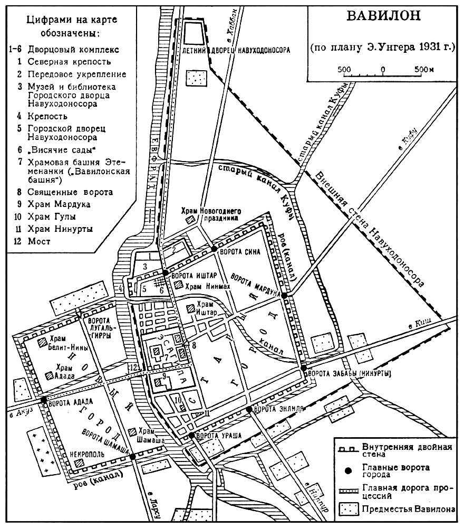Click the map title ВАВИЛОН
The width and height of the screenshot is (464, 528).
[383, 16]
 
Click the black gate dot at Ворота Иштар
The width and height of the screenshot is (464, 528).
[166, 273]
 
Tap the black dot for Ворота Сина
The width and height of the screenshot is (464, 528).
[214, 249]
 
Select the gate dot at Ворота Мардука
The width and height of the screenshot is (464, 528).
[284, 296]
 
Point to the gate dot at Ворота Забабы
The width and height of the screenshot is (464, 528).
[304, 369]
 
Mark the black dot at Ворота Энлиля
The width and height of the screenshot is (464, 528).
[248, 410]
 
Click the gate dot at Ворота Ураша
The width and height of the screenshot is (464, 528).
[191, 435]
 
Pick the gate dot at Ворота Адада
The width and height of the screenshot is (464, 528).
[44, 400]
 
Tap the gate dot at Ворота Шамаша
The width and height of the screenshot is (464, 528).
[132, 456]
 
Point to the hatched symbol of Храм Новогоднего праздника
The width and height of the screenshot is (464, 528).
[192, 218]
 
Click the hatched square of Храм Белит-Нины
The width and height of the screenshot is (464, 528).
[42, 342]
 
